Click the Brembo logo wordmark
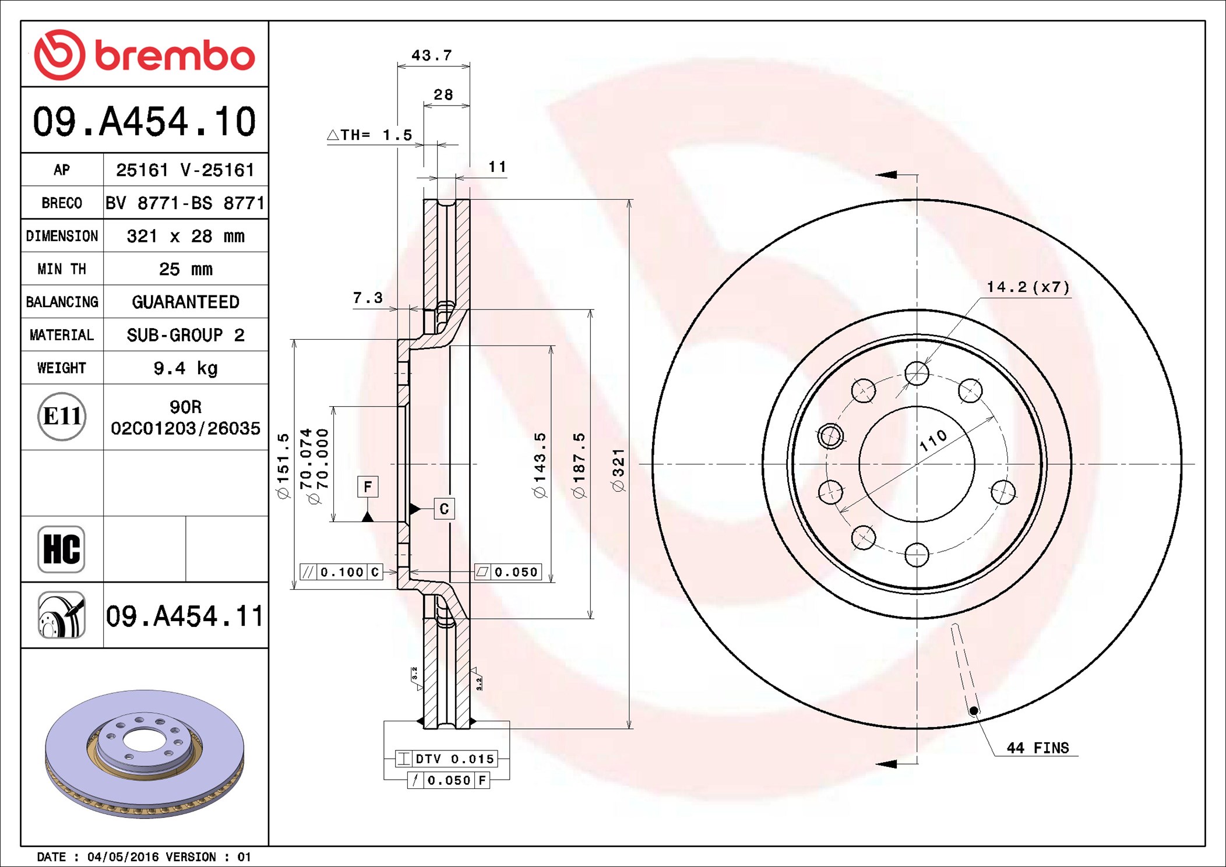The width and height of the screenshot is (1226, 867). (175, 56)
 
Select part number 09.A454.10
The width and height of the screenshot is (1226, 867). (145, 122)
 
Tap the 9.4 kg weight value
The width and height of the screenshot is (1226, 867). (185, 368)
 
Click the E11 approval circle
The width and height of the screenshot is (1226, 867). (62, 417)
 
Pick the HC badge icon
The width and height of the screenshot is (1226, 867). (61, 549)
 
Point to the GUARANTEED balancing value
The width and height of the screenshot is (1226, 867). (185, 302)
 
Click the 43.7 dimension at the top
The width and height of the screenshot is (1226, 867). (432, 55)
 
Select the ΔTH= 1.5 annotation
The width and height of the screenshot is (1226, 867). (369, 135)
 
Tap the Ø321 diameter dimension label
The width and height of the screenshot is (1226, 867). (618, 470)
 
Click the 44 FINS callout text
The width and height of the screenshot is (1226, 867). (1038, 748)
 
